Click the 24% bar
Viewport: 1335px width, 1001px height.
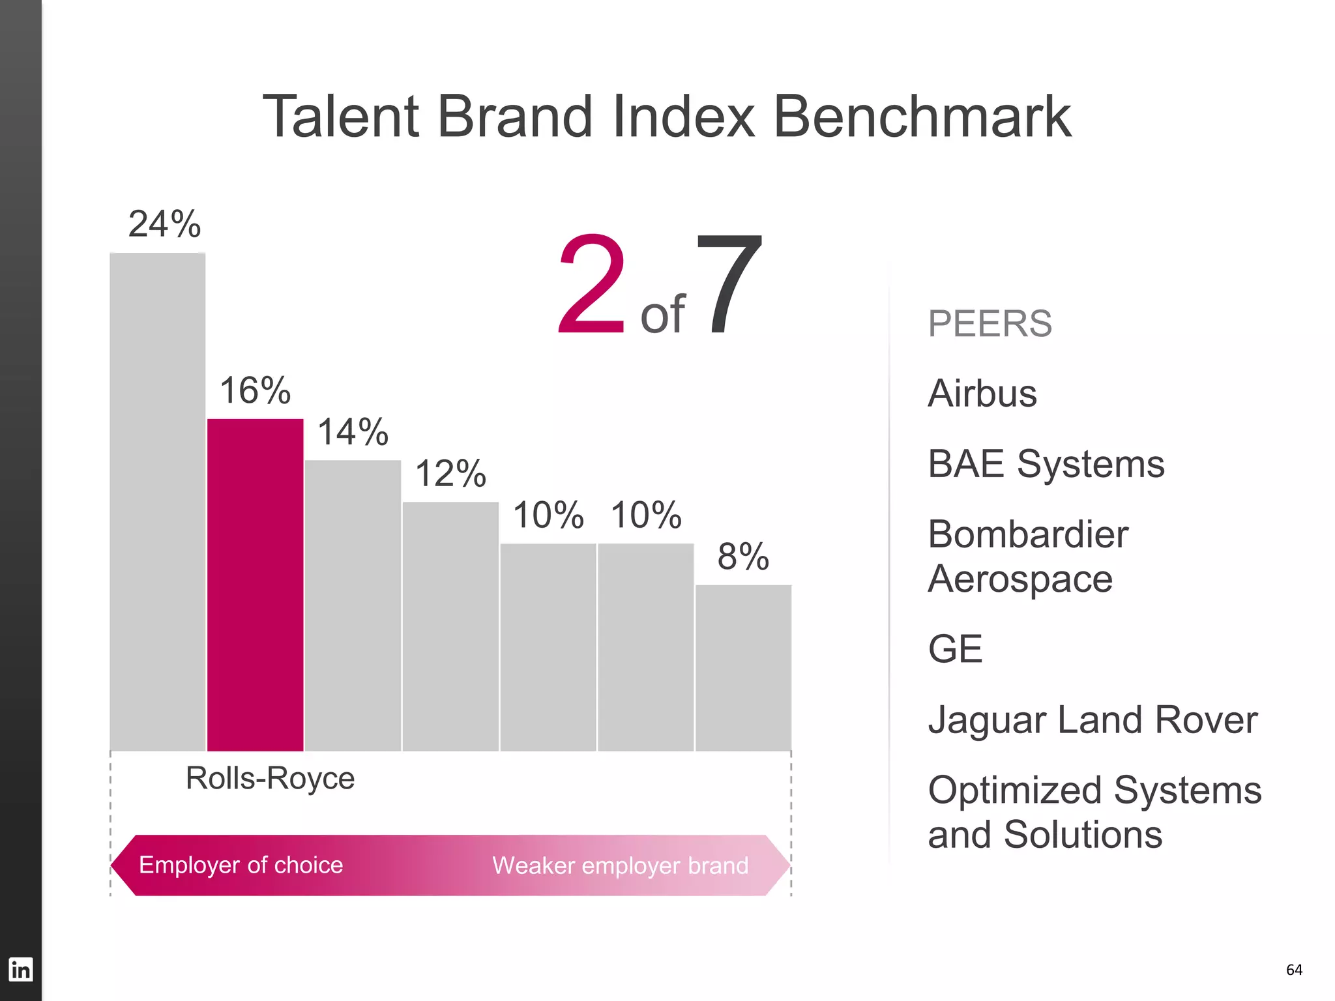[x=157, y=502]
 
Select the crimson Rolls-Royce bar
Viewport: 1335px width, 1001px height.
[x=255, y=585]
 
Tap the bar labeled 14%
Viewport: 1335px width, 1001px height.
[x=353, y=605]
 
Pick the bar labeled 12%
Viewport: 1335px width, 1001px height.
[x=450, y=626]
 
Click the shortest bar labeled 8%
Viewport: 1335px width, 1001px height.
[x=743, y=668]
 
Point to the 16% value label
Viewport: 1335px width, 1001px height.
[x=255, y=390]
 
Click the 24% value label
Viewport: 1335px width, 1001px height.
[x=164, y=224]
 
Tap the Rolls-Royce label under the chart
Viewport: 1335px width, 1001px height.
[x=270, y=778]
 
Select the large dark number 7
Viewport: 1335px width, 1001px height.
[x=728, y=285]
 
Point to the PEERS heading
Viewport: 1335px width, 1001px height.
[x=990, y=324]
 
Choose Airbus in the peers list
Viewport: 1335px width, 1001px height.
[x=982, y=394]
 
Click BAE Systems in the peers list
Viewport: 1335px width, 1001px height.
[x=1046, y=464]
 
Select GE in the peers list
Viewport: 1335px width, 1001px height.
[x=955, y=649]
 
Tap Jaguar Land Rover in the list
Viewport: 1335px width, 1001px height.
[x=1093, y=720]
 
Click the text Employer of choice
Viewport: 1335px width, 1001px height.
[x=241, y=865]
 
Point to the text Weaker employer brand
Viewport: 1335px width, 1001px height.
[x=620, y=865]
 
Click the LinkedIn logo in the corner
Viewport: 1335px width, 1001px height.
[x=20, y=969]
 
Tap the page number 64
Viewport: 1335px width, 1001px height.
[x=1294, y=970]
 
